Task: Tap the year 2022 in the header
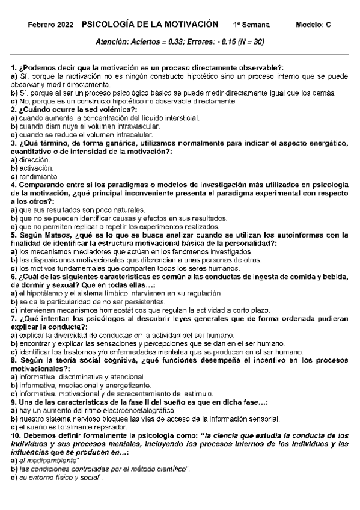coord(66,25)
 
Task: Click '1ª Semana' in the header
coord(251,25)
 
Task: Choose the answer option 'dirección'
coord(32,162)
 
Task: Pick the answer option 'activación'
coord(34,170)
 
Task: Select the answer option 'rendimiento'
coord(37,177)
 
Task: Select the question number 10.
coord(17,434)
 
